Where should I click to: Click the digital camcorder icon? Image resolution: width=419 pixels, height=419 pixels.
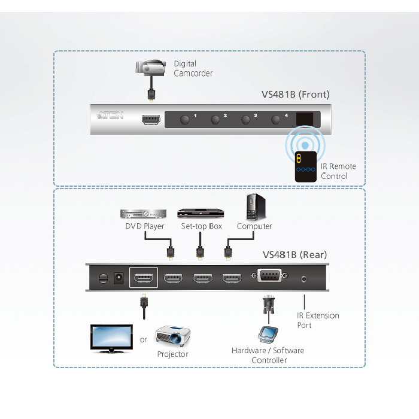click(x=150, y=67)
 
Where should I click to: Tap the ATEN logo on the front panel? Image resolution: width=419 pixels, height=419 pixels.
click(x=110, y=115)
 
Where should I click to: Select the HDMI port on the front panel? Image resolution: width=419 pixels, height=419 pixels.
click(x=151, y=120)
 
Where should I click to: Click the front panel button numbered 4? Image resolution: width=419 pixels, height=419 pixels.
click(x=275, y=119)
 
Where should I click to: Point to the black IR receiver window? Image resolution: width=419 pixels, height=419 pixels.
click(x=304, y=119)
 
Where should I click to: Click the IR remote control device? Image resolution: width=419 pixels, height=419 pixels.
click(x=305, y=166)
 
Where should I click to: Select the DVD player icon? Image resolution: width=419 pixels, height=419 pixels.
click(x=143, y=214)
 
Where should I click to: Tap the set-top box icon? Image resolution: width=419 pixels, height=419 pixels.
click(x=201, y=213)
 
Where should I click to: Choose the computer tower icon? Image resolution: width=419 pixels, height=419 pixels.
click(x=256, y=207)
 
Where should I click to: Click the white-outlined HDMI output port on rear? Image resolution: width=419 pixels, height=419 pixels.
click(x=144, y=278)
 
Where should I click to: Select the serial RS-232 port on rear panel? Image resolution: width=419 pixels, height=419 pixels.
click(x=269, y=275)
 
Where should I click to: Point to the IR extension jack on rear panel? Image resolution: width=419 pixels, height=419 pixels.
click(x=304, y=280)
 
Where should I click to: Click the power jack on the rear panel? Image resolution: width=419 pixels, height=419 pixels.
click(x=119, y=278)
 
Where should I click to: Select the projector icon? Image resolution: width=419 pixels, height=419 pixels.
click(x=172, y=336)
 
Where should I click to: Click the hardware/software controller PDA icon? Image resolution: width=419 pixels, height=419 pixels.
click(x=268, y=334)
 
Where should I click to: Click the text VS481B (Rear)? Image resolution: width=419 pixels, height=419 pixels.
click(x=294, y=255)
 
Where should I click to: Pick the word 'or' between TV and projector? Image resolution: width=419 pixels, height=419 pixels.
click(x=143, y=340)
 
